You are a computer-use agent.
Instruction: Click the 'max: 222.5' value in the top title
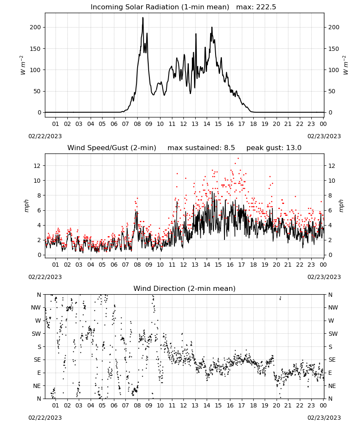tap(256, 7)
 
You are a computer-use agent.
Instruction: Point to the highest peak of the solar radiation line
tap(143, 17)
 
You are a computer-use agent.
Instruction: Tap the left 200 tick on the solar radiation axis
tap(36, 27)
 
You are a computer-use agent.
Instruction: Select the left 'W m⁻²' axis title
tap(23, 65)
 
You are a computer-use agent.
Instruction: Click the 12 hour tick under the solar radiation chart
tap(183, 124)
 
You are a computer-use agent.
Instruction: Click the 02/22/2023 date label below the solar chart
tap(45, 136)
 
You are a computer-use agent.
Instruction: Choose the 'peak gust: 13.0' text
tap(274, 148)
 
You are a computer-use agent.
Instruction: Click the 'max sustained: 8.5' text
tap(201, 148)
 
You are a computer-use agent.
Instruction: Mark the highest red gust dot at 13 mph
tap(238, 158)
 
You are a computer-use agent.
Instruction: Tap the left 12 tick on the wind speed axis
tap(37, 166)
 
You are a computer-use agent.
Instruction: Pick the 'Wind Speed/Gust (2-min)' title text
tap(112, 148)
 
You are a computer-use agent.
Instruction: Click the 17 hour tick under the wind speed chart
tap(241, 265)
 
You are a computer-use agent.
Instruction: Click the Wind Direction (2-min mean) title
tap(185, 288)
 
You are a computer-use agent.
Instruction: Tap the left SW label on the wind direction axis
tap(36, 334)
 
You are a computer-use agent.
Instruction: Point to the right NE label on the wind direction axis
tap(332, 386)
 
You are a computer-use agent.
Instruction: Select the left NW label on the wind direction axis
tap(36, 308)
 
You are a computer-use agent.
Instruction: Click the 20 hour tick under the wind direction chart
tap(276, 405)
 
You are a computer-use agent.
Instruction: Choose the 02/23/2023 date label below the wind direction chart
tap(324, 418)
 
